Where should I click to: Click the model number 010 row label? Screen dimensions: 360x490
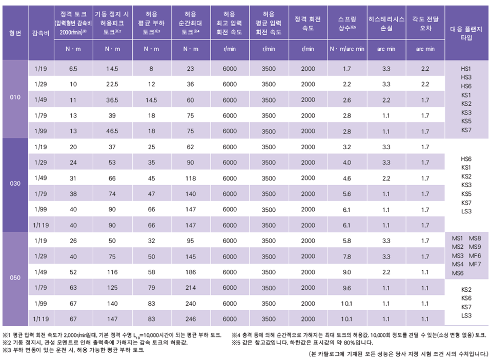[15, 97]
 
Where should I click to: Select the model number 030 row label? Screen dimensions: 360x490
[15, 183]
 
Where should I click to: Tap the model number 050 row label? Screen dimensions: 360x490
[15, 278]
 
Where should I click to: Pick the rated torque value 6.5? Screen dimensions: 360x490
[73, 68]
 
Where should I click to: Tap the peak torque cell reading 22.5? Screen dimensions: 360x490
[112, 84]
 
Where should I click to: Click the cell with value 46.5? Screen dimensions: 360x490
[112, 131]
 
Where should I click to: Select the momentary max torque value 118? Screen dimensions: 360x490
[191, 178]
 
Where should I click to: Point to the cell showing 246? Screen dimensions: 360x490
[191, 319]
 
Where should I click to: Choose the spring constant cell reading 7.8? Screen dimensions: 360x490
[347, 256]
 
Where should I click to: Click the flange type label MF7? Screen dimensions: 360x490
[475, 264]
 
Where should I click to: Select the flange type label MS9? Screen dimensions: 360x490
[475, 247]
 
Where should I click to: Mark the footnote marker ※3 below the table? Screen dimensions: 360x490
[7, 350]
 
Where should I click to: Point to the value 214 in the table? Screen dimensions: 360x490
[191, 288]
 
